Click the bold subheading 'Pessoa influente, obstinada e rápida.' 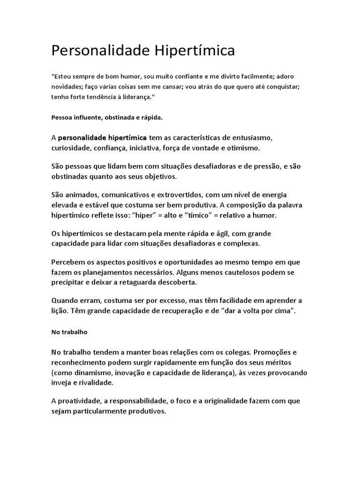point(107,117)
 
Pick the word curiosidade point(71,148)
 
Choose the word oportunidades point(197,262)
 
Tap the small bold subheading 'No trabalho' point(69,332)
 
